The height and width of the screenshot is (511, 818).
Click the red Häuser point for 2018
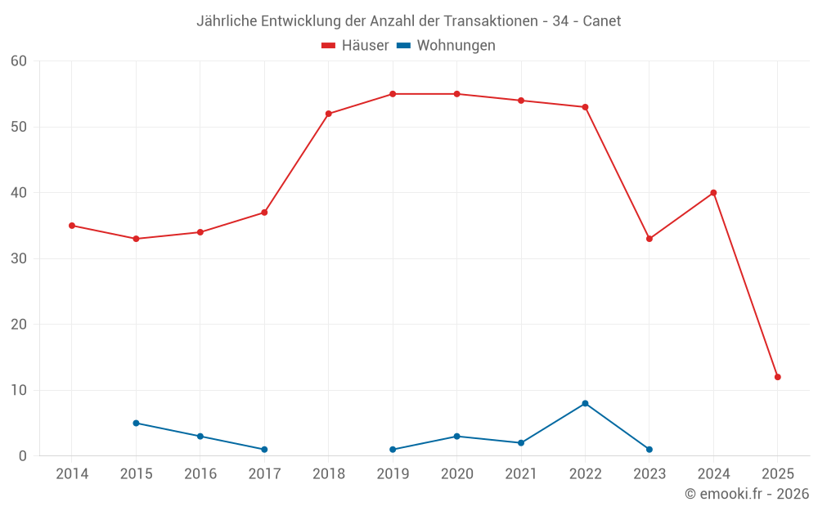tap(329, 114)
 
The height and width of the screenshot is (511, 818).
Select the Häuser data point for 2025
tap(778, 377)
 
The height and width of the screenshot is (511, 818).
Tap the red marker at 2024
tap(713, 193)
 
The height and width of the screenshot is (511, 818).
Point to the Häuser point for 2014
tap(72, 226)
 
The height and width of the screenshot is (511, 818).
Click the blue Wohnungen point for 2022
tap(585, 403)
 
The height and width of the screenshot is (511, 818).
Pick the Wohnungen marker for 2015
tap(136, 423)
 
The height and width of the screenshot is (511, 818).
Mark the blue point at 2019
tap(393, 450)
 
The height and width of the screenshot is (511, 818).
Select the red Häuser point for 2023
tap(649, 239)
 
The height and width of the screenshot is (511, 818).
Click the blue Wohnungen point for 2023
tap(649, 450)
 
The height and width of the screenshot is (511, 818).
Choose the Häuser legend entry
tap(355, 46)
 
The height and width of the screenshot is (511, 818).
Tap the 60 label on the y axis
tap(19, 61)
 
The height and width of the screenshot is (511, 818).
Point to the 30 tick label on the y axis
tap(19, 259)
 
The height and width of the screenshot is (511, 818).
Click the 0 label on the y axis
tap(23, 456)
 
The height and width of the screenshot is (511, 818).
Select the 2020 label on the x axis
tap(456, 474)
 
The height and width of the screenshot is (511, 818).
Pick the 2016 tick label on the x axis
tap(200, 474)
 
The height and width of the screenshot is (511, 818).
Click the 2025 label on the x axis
tap(777, 474)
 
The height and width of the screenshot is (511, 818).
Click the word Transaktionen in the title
tap(489, 21)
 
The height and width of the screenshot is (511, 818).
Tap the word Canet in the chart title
tap(601, 21)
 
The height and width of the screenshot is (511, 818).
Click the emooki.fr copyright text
tap(746, 494)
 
